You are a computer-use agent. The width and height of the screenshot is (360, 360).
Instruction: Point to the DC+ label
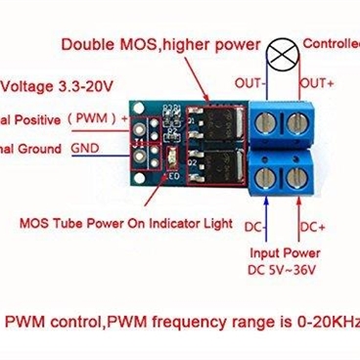[x=312, y=227]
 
